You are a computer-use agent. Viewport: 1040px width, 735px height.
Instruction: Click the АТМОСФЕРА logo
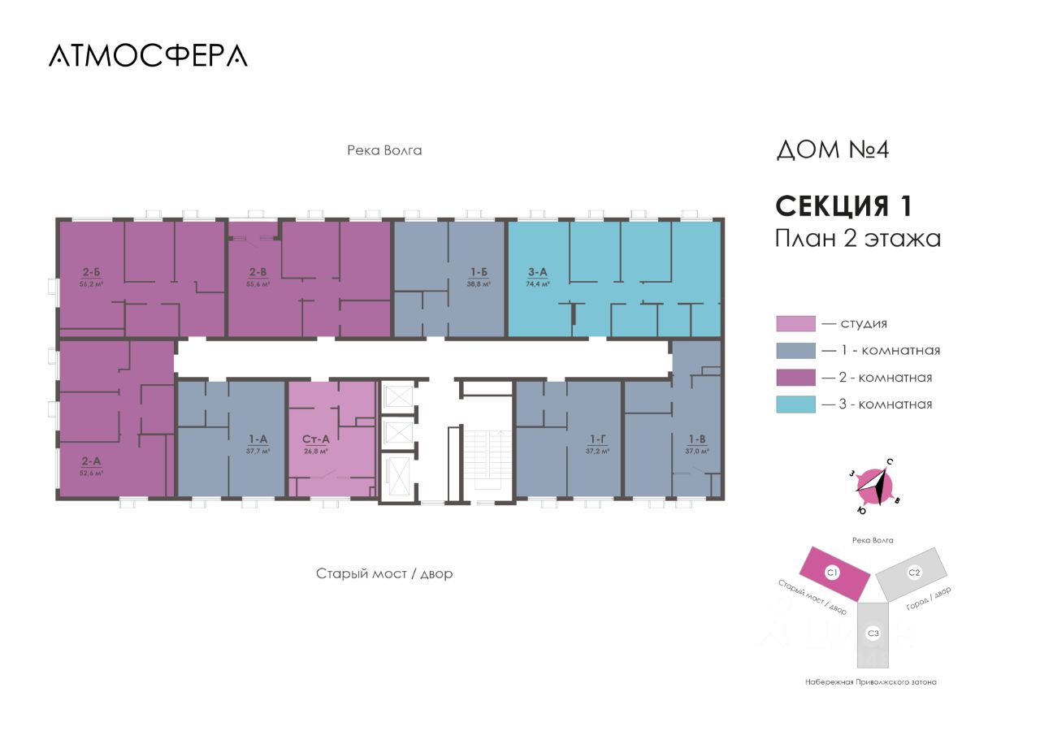(148, 55)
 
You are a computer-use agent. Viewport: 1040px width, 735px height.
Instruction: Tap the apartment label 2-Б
(91, 273)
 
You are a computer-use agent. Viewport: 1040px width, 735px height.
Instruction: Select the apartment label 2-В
(258, 273)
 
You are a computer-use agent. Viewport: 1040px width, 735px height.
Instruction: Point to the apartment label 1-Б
(479, 273)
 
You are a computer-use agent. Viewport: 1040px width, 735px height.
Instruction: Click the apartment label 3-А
(537, 273)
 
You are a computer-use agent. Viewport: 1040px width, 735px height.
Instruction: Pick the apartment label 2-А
(91, 461)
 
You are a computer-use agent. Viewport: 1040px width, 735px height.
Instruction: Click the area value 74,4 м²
(537, 284)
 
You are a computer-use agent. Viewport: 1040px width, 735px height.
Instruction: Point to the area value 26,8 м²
(315, 451)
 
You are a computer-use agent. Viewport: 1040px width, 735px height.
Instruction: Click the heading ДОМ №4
(833, 150)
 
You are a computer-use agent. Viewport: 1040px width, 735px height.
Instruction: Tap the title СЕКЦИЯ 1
(843, 205)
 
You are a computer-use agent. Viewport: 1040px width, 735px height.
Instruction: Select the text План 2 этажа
(858, 239)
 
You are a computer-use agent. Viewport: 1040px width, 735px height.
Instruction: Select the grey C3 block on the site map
(873, 632)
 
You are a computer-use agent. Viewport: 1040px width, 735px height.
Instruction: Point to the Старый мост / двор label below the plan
(384, 574)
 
